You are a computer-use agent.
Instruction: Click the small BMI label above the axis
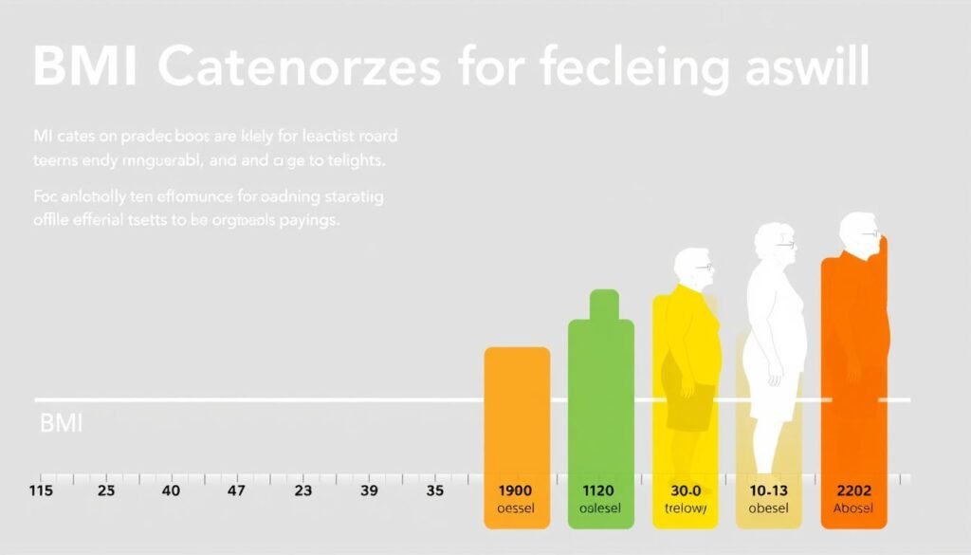coord(61,423)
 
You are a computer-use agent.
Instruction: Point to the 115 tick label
coord(42,490)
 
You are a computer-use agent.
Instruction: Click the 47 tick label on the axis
coord(235,490)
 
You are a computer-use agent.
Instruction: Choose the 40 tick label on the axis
coord(170,490)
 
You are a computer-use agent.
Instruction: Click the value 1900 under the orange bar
coord(516,490)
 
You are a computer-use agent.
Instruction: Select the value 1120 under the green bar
coord(597,490)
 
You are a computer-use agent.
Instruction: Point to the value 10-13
coord(768,490)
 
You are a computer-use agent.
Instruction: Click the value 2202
coord(855,490)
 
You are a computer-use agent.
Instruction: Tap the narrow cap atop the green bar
coord(603,305)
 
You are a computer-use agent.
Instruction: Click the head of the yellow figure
coord(694,269)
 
